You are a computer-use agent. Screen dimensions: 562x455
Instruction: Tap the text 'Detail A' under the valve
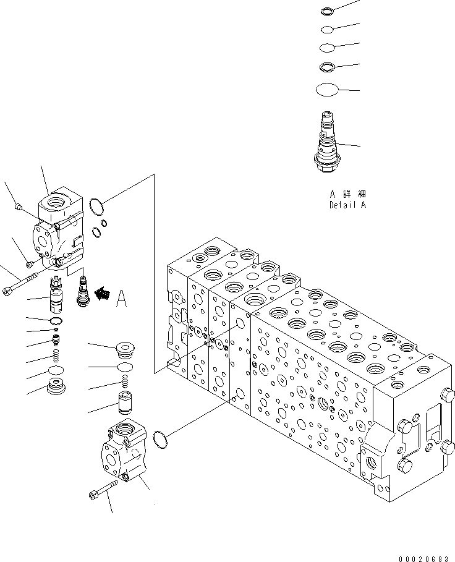tap(347, 205)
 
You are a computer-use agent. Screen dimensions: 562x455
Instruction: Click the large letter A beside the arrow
tap(122, 300)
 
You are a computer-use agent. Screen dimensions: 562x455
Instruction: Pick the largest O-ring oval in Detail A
tap(328, 90)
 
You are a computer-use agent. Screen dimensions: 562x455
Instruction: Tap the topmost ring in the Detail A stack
tap(328, 11)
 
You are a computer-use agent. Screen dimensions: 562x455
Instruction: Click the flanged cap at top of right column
tap(125, 349)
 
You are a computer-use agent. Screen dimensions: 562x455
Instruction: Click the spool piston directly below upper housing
tap(57, 295)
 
